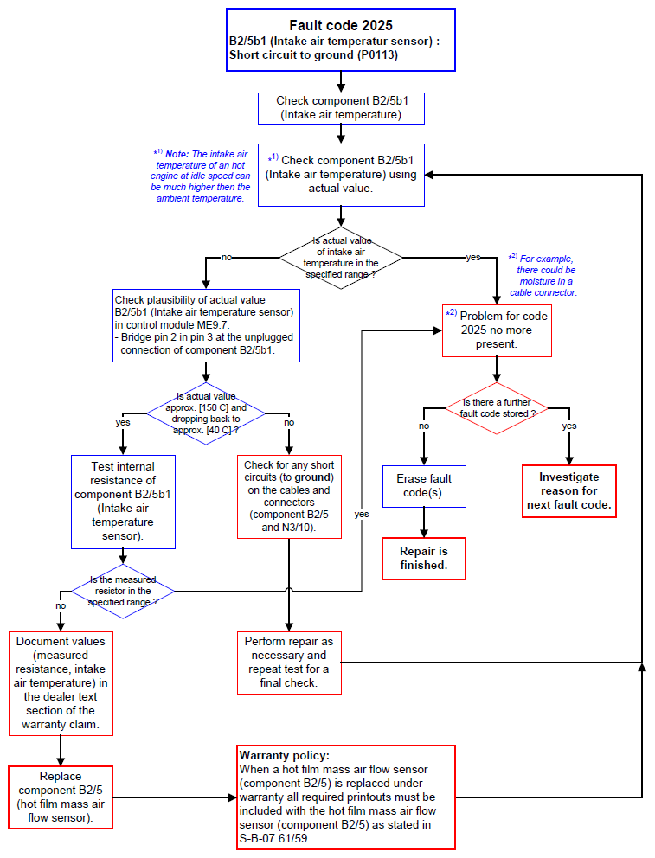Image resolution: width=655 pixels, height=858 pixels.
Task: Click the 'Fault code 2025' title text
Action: (341, 25)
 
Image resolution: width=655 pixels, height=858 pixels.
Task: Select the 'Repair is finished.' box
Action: (424, 558)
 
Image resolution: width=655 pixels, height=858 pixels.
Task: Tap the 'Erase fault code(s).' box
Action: (424, 486)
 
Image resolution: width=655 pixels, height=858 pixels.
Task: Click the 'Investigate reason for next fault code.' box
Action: (569, 490)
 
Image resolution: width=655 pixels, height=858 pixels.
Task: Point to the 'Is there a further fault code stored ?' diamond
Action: (497, 408)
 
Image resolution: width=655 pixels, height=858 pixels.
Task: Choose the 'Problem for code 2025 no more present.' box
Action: (497, 330)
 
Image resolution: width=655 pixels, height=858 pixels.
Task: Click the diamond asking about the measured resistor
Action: (123, 591)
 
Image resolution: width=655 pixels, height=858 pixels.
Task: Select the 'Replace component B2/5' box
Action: (61, 797)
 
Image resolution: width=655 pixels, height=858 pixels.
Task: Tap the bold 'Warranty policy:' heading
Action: (285, 756)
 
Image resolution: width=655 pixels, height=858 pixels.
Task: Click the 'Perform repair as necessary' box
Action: (289, 663)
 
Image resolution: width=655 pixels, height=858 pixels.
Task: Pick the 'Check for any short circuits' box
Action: (289, 496)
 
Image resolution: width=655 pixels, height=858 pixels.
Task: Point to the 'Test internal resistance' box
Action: (123, 502)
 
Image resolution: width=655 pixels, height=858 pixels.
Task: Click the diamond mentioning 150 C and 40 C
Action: (206, 413)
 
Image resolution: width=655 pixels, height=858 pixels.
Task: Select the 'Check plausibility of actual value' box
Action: (206, 325)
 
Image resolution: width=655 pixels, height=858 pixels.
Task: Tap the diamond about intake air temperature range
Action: (341, 258)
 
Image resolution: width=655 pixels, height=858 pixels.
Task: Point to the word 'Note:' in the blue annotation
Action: (177, 154)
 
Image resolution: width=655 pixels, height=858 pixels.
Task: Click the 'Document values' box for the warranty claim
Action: (61, 683)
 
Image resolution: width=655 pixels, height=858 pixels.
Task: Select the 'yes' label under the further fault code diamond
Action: (569, 426)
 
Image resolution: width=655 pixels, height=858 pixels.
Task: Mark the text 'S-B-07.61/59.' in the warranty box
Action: (274, 838)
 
